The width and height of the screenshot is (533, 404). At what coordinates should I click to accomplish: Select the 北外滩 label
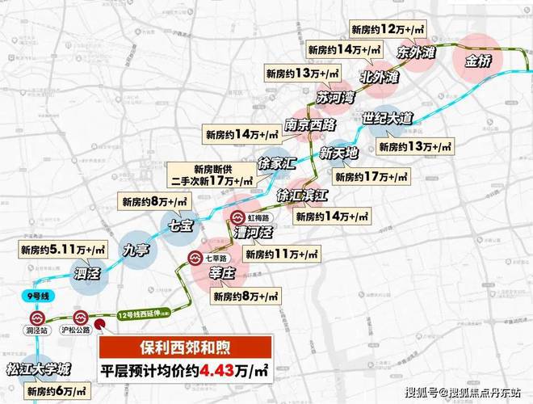[380, 79]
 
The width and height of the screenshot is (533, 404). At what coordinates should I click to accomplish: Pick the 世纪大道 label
[388, 119]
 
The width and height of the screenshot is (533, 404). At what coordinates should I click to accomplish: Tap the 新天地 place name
[339, 151]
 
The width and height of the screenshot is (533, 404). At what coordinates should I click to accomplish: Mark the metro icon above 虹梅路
[238, 217]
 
